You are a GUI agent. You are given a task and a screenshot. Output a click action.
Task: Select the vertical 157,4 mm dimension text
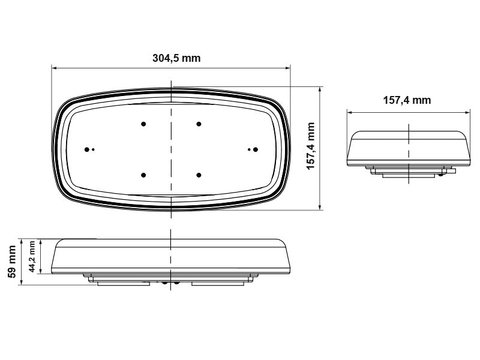click(310, 147)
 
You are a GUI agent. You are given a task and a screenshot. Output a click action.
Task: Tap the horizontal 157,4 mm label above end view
click(407, 100)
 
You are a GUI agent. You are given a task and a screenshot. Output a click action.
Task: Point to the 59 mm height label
click(10, 263)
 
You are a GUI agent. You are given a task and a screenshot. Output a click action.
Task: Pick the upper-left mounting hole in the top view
click(143, 124)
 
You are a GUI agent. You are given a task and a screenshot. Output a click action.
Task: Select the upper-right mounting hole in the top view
click(199, 124)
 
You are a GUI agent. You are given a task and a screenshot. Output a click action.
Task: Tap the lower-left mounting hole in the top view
click(143, 175)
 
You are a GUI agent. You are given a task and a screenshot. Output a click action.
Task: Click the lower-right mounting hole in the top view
click(199, 175)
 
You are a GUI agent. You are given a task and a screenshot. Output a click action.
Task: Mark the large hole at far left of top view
click(88, 149)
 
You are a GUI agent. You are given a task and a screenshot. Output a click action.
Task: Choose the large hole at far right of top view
click(255, 149)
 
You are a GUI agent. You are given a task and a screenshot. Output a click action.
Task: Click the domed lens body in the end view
click(408, 147)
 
